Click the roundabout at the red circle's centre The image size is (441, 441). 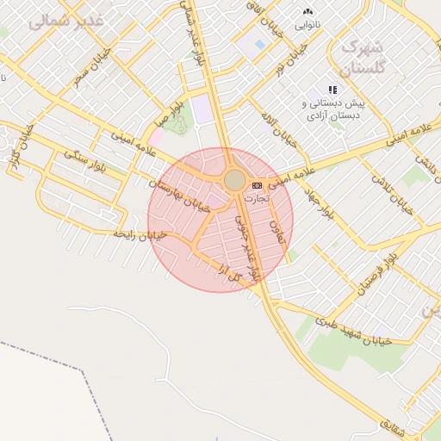pyautogui.click(x=234, y=180)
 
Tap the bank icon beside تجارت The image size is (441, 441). pyautogui.click(x=257, y=185)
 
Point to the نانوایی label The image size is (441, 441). pyautogui.click(x=308, y=25)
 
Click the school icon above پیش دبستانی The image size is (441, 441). pyautogui.click(x=333, y=89)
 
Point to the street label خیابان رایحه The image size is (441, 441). pyautogui.click(x=140, y=234)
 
